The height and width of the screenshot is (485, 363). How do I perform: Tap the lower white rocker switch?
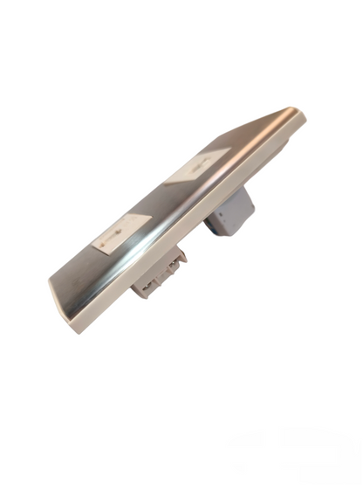pos(120,232)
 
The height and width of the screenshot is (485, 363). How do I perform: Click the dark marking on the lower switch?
pos(117,233)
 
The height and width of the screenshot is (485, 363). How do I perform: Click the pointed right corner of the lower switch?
pos(148,215)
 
